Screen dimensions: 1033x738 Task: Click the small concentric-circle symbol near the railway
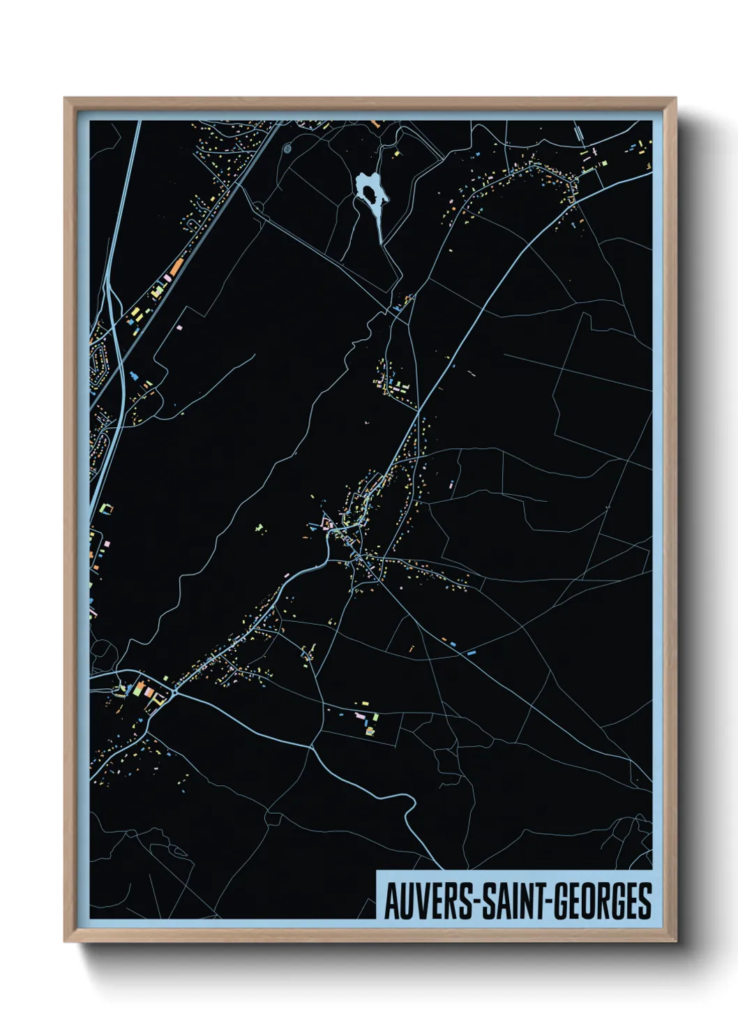[x=287, y=148]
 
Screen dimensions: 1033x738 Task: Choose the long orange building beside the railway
[x=176, y=267]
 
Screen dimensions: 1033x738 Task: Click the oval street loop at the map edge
[x=98, y=360]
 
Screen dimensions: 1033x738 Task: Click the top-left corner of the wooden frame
[x=65, y=98]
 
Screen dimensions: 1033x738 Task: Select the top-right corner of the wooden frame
[x=675, y=98]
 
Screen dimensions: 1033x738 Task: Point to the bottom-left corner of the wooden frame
[x=65, y=942]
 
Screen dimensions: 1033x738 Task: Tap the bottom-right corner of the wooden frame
[x=675, y=942]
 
